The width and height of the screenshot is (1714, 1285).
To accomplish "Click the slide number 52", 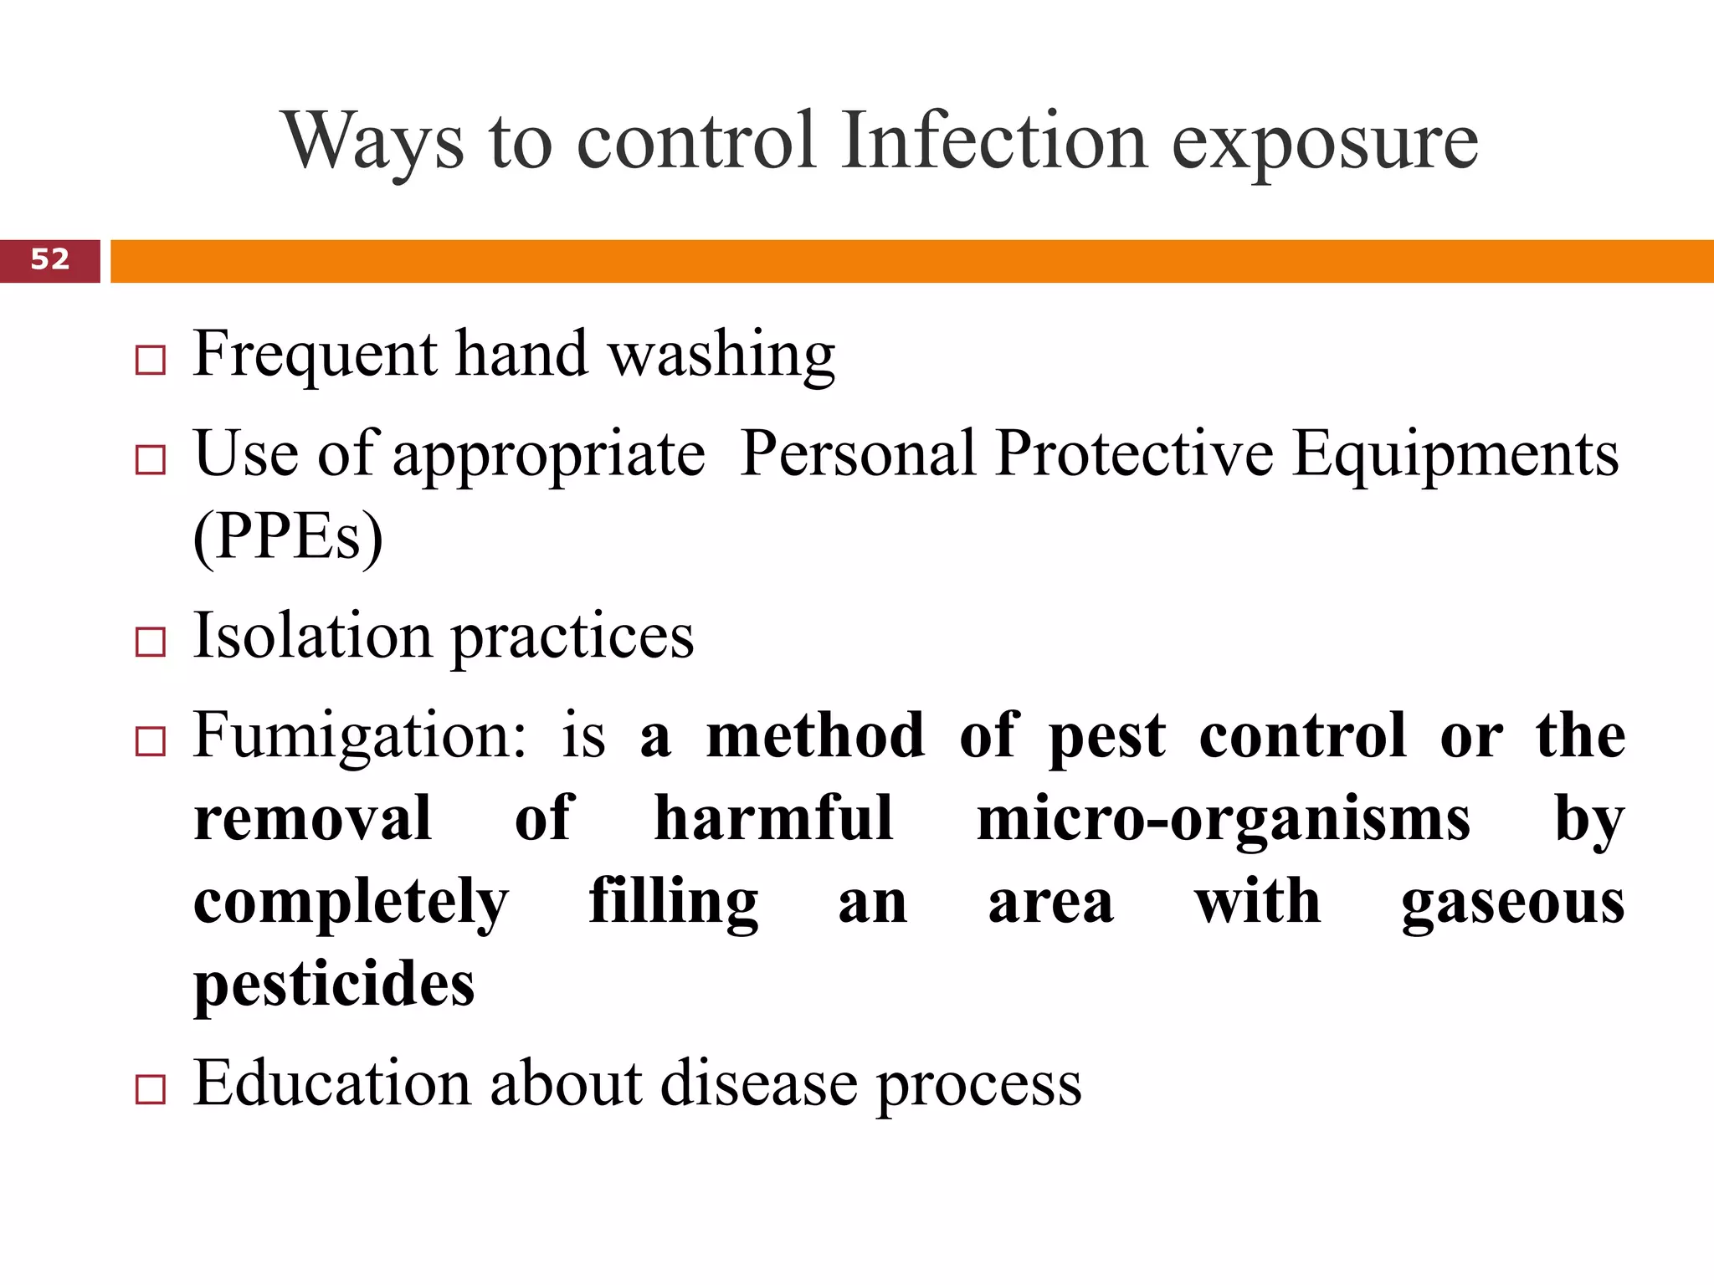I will pyautogui.click(x=50, y=259).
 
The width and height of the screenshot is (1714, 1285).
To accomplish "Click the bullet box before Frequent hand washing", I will pyautogui.click(x=151, y=361).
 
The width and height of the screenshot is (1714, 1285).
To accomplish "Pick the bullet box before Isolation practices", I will pyautogui.click(x=151, y=642).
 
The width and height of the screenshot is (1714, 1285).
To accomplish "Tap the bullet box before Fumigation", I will pyautogui.click(x=151, y=741).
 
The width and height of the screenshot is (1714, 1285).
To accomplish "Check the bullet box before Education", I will pyautogui.click(x=151, y=1089).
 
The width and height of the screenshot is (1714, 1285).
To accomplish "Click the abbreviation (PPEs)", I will pyautogui.click(x=288, y=537).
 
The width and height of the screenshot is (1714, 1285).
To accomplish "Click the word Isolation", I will pyautogui.click(x=313, y=636).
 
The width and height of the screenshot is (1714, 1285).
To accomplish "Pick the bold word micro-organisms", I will pyautogui.click(x=1223, y=818).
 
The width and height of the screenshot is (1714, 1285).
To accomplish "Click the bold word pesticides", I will pyautogui.click(x=334, y=984).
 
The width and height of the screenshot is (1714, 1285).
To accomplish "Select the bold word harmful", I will pyautogui.click(x=773, y=818).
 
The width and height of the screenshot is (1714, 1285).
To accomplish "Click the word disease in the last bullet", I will pyautogui.click(x=759, y=1084).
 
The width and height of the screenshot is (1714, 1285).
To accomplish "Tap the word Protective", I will pyautogui.click(x=1135, y=454).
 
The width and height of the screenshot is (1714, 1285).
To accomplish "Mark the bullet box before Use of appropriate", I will pyautogui.click(x=151, y=460).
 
